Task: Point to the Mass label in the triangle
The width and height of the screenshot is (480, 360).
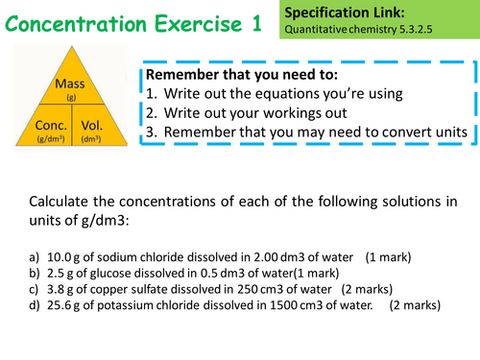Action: (x=71, y=84)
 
